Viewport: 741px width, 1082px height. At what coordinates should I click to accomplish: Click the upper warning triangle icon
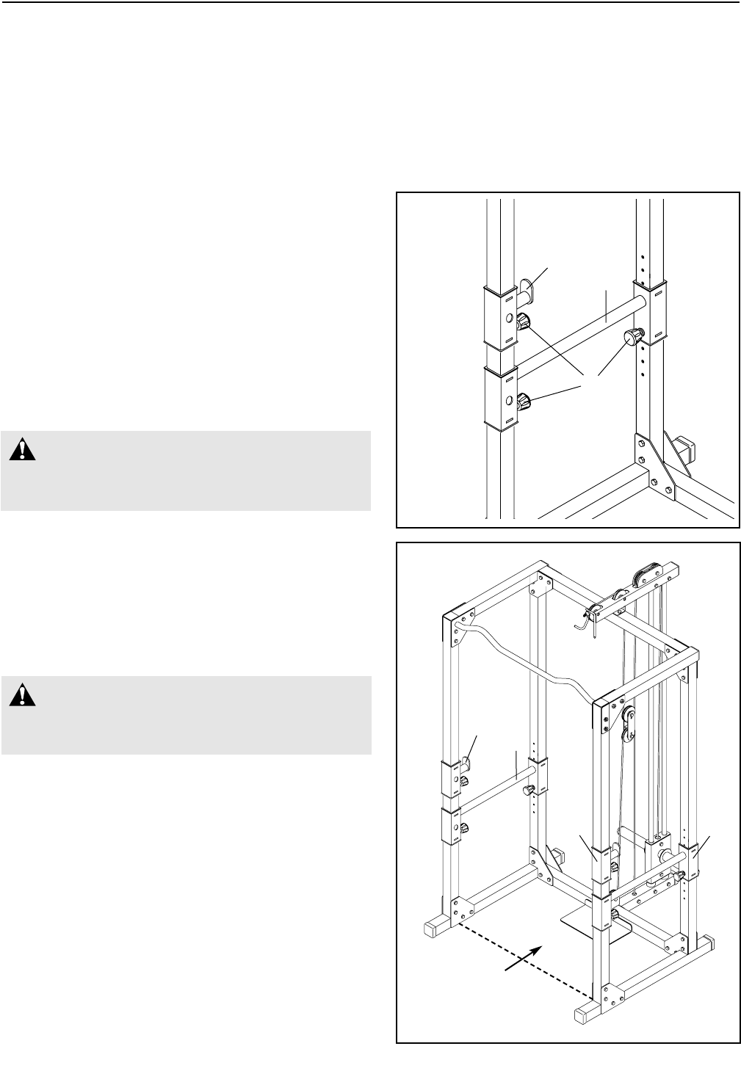24,449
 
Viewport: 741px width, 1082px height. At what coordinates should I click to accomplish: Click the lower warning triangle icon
24,694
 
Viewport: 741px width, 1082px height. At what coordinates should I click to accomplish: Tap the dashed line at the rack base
525,963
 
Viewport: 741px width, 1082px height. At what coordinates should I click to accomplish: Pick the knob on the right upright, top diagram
632,338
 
